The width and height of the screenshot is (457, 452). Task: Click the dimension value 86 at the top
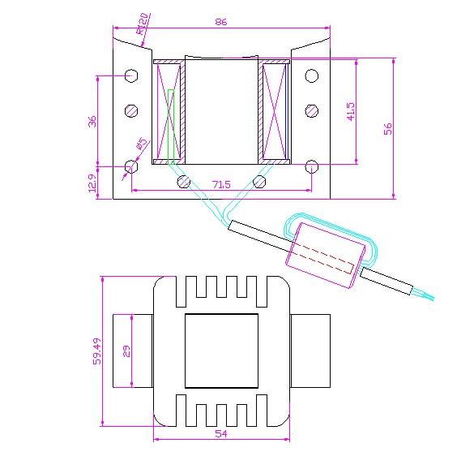(221, 22)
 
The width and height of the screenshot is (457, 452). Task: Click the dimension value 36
(92, 121)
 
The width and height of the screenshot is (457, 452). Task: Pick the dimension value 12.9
(92, 183)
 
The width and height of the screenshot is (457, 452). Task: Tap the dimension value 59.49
(96, 351)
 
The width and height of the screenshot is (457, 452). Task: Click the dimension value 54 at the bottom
(221, 434)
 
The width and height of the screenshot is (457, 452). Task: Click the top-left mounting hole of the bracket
(131, 76)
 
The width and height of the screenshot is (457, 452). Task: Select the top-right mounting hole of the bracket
(312, 76)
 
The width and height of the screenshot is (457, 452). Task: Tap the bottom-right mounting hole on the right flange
(312, 166)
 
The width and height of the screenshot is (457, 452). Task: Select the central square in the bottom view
(221, 351)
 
